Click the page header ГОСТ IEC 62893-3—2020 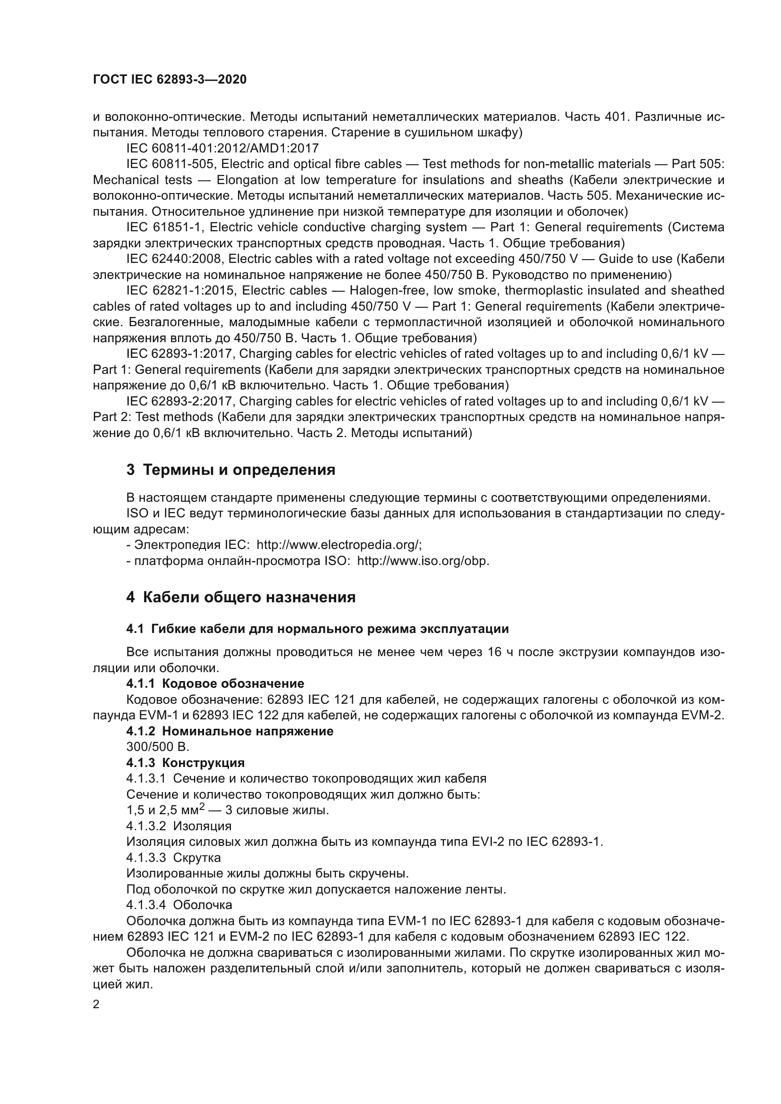(x=170, y=79)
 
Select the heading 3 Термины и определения (x=231, y=470)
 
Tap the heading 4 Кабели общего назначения (x=241, y=597)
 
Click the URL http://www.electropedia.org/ (x=339, y=545)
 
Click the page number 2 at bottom (x=96, y=1004)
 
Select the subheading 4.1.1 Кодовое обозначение (x=215, y=683)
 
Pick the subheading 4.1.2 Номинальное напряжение (x=229, y=731)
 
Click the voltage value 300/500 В (x=158, y=747)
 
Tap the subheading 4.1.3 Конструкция (x=185, y=763)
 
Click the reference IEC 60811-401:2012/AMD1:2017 (x=222, y=148)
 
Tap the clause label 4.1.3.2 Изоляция (x=178, y=826)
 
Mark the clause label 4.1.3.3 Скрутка (x=173, y=858)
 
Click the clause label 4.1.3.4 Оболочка (x=179, y=905)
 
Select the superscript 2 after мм (x=202, y=806)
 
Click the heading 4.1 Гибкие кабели (x=317, y=628)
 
